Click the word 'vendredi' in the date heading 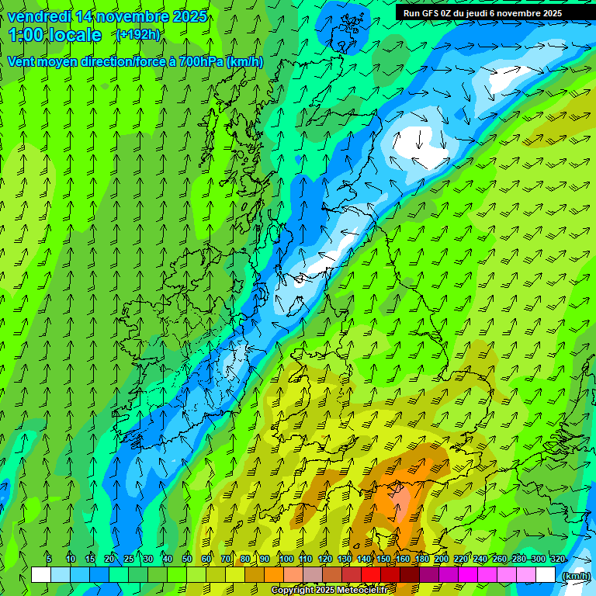[38, 16]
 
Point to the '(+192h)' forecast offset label [137, 35]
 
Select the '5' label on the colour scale [49, 560]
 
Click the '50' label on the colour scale [186, 560]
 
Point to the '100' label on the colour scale [286, 560]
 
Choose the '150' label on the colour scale [383, 560]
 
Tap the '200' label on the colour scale [442, 560]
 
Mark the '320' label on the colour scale [558, 560]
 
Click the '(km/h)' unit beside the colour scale [575, 576]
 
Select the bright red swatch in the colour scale [371, 575]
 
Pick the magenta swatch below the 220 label [468, 575]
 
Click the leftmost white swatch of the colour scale [41, 575]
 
